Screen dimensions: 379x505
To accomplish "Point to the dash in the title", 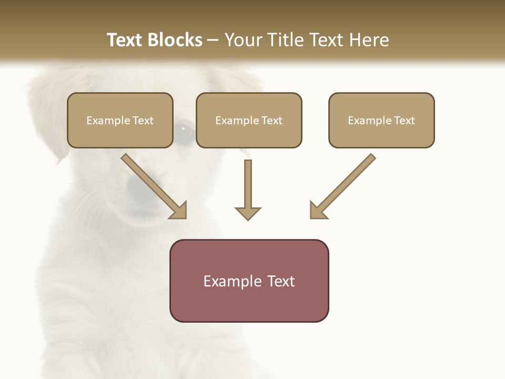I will [213, 41].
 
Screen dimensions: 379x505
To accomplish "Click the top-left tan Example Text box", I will [120, 120].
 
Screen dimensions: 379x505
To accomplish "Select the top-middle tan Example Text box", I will [249, 120].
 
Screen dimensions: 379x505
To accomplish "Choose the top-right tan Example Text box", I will [381, 120].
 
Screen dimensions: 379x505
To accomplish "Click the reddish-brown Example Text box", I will [249, 281].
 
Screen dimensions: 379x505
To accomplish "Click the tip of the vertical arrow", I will [248, 219].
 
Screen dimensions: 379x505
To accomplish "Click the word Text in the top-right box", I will [404, 121].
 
